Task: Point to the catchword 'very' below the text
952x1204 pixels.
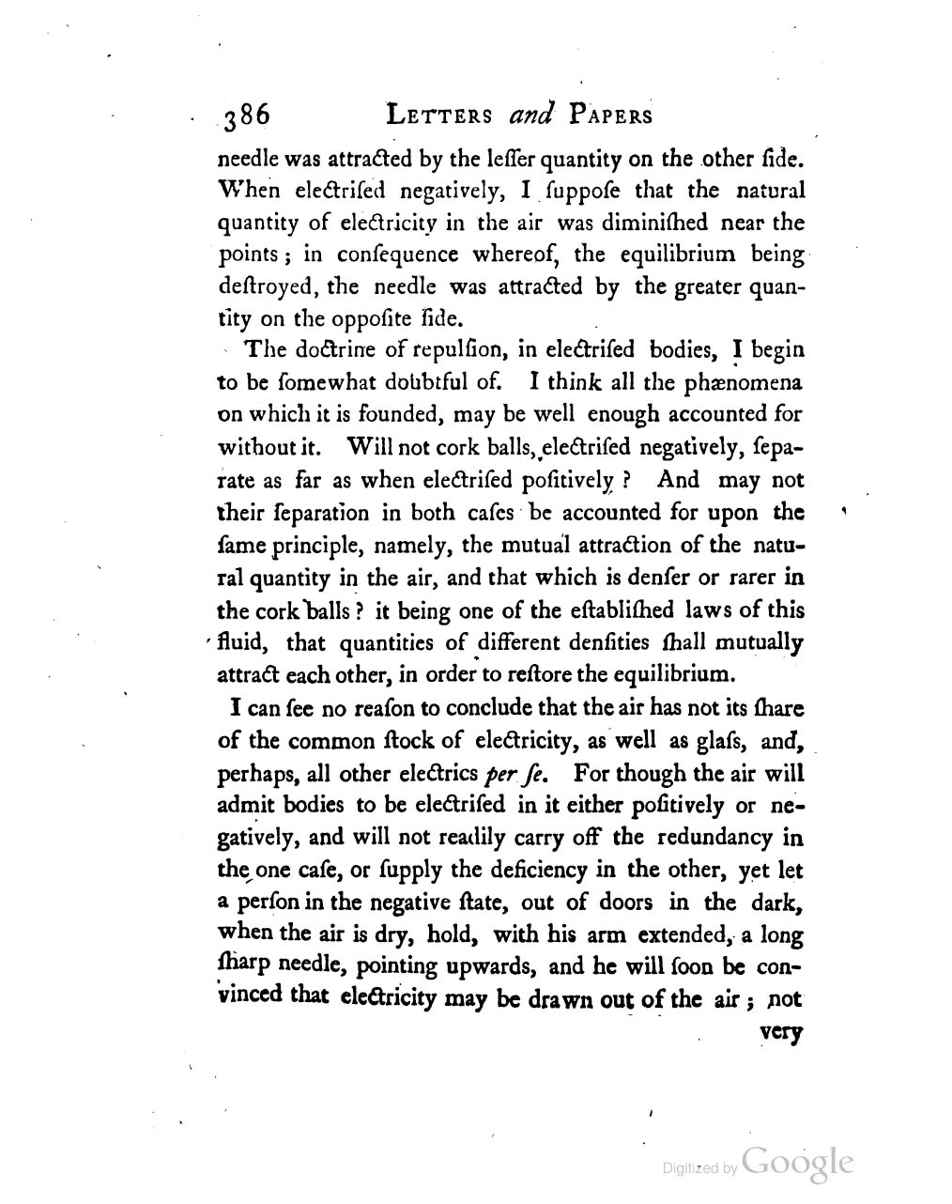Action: click(x=784, y=1034)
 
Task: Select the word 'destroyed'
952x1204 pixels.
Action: click(x=263, y=286)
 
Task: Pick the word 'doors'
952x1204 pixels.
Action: click(x=622, y=903)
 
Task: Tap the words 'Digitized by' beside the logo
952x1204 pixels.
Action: click(x=699, y=1168)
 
